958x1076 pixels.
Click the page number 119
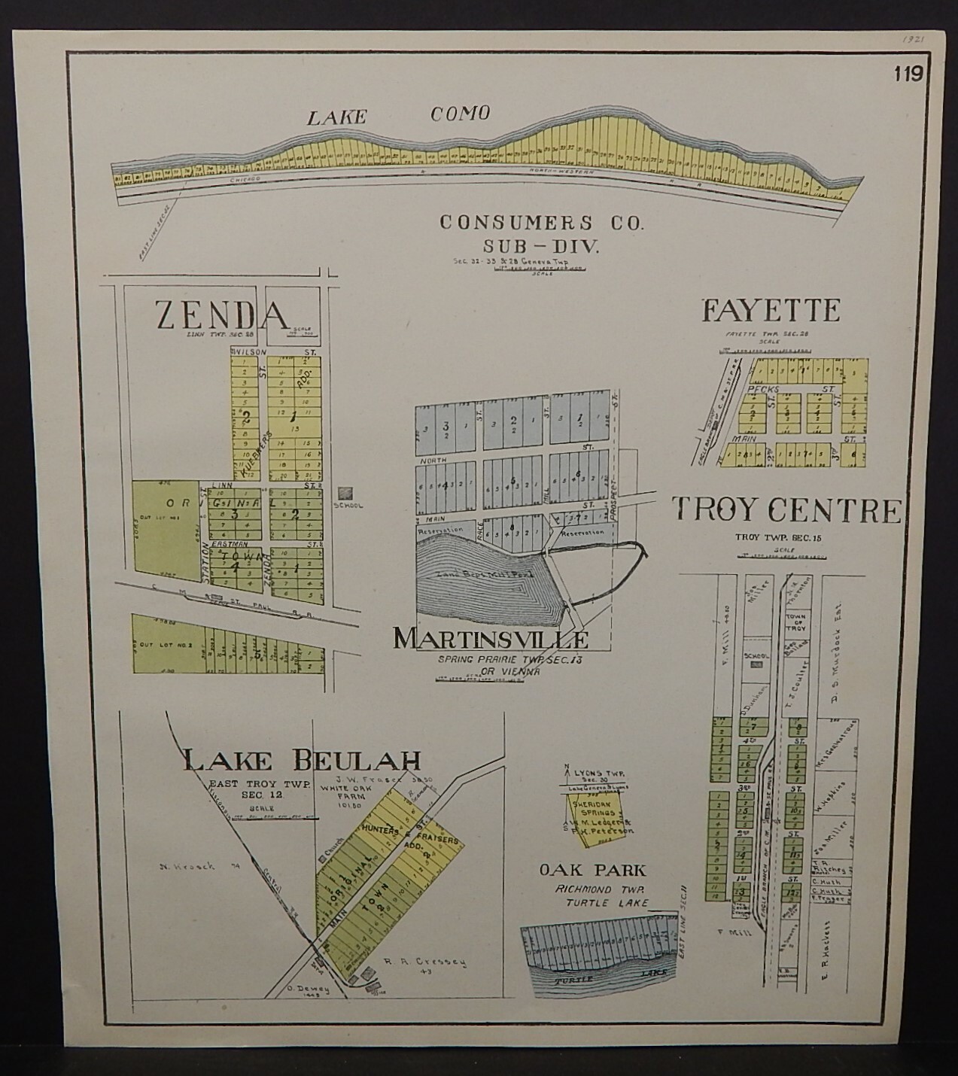[908, 74]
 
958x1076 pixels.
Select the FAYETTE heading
[770, 310]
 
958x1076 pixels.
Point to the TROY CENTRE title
[786, 510]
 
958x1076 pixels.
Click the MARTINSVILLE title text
[491, 639]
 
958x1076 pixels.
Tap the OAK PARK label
[592, 871]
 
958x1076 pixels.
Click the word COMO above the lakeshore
[460, 114]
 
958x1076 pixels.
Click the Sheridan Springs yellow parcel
[596, 816]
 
